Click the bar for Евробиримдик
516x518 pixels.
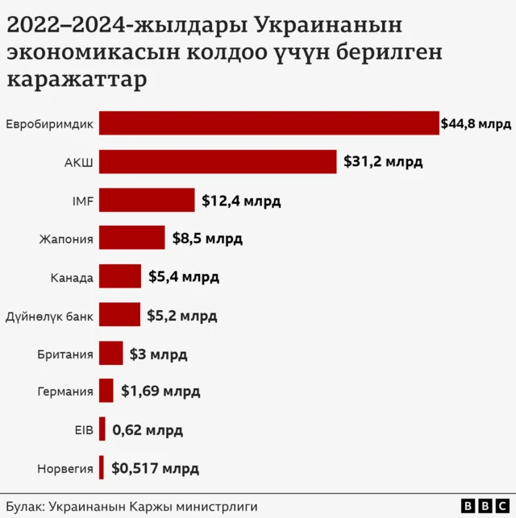pos(268,123)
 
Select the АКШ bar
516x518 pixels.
pos(218,161)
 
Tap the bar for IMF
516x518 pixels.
pos(147,200)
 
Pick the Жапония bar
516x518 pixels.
pos(131,238)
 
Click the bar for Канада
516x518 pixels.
pos(120,276)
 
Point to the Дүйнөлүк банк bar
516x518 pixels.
pos(119,315)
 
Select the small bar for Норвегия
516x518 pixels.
pos(102,467)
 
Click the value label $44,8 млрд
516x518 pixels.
pos(476,124)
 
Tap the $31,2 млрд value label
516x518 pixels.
pos(383,162)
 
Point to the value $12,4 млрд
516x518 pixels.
pos(241,201)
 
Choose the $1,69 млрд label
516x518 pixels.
pos(160,392)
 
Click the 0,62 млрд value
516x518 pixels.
pos(148,430)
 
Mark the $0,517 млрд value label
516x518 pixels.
pos(155,468)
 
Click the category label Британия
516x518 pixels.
pos(65,354)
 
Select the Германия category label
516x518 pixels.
pos(65,392)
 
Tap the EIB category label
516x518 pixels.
pos(84,430)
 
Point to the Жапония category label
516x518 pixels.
pos(66,238)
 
